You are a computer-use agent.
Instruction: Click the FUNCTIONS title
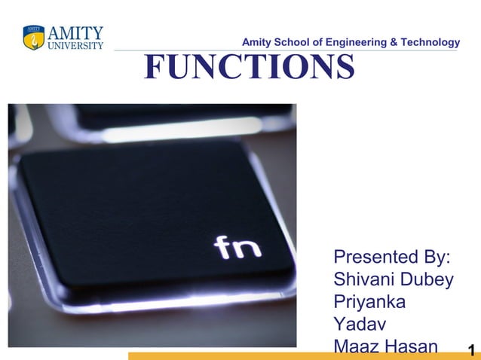[249, 66]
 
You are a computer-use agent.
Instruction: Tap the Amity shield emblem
[34, 38]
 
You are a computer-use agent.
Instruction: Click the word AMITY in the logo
[75, 33]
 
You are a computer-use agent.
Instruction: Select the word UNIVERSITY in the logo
[75, 45]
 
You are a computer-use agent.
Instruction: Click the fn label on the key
[237, 247]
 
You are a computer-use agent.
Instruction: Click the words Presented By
[392, 258]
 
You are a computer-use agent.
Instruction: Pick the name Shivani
[361, 280]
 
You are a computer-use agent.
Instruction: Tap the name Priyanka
[369, 303]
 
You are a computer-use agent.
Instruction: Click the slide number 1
[471, 350]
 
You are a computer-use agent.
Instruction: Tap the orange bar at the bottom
[226, 355]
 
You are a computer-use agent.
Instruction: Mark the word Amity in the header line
[256, 42]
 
